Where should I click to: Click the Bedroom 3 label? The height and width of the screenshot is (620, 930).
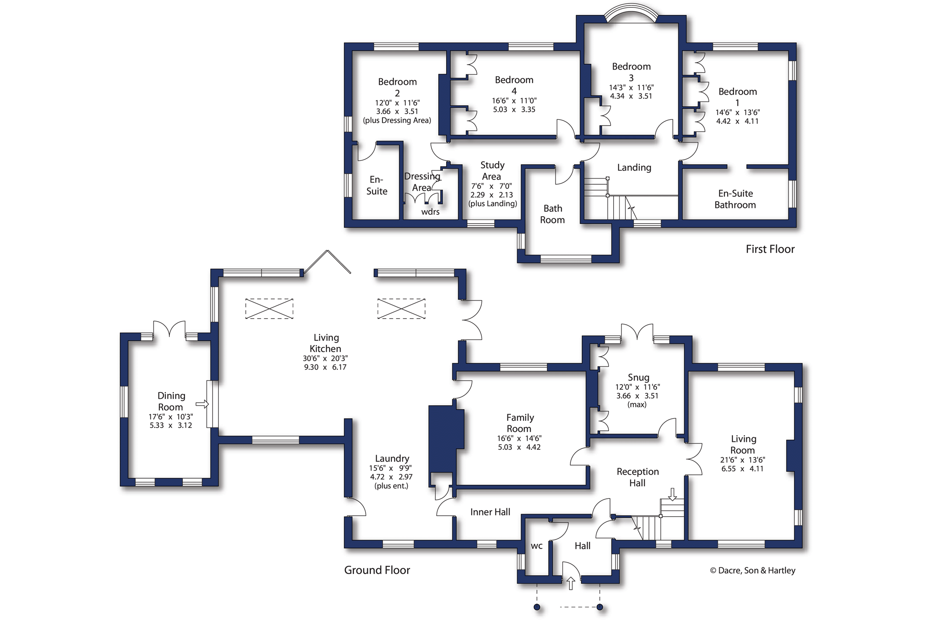[x=631, y=72]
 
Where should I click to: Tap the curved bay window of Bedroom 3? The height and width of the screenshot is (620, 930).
[x=631, y=12]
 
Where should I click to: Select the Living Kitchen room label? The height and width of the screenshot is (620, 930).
[x=325, y=343]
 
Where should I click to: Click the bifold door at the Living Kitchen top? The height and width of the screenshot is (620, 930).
[x=327, y=262]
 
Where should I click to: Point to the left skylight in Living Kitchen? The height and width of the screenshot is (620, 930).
[x=269, y=308]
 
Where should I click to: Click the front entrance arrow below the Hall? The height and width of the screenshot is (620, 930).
[x=570, y=583]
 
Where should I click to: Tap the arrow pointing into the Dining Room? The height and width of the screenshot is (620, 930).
[x=202, y=404]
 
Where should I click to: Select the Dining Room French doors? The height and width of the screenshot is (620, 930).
[x=169, y=329]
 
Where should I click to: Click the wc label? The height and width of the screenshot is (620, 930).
[x=536, y=546]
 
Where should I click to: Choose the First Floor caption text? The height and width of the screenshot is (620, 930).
[x=769, y=249]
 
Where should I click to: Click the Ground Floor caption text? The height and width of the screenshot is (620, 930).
[x=377, y=570]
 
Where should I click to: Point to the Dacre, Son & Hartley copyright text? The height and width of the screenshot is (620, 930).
[x=752, y=571]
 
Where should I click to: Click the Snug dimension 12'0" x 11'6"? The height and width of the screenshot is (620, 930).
[x=637, y=387]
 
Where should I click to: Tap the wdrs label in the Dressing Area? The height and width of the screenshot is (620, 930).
[x=430, y=212]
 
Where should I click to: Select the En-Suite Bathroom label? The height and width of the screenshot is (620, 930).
[x=735, y=199]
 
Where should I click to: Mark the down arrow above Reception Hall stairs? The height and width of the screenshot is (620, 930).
[x=672, y=494]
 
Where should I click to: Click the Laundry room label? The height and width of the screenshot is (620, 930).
[x=392, y=459]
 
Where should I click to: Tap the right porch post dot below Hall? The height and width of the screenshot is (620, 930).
[x=600, y=607]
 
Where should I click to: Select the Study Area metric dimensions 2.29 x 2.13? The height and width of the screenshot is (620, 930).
[x=491, y=195]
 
